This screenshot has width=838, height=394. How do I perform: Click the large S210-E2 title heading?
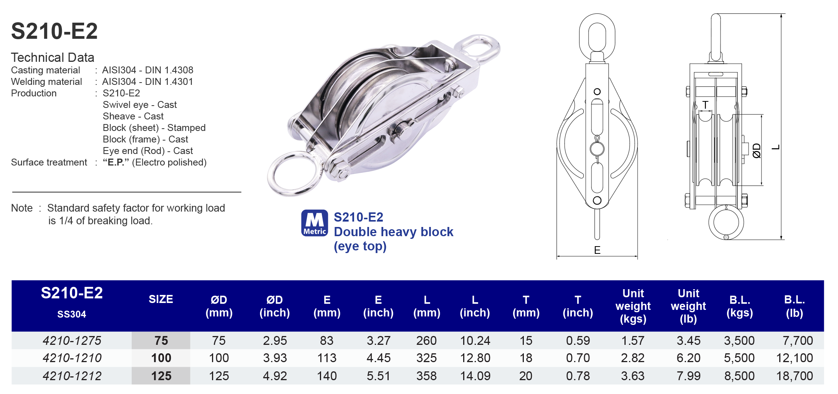point(54,31)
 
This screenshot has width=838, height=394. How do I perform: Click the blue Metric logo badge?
point(315,223)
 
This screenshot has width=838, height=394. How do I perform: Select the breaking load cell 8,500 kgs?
point(739,376)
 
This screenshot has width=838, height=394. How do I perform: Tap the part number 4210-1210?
point(72,358)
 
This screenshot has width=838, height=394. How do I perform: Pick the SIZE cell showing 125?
point(161,376)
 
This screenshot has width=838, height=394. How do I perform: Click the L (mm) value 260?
point(426,340)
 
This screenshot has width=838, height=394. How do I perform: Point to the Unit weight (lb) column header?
point(688,306)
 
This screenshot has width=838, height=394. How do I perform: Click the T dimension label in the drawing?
point(705,105)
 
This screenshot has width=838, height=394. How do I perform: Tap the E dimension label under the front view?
point(597,250)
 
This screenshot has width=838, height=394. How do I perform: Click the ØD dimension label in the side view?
point(756,151)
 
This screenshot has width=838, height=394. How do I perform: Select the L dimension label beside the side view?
point(776,147)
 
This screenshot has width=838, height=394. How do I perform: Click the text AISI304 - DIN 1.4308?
point(147,70)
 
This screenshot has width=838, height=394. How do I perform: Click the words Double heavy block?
point(393,232)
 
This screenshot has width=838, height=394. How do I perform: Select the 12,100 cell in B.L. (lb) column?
point(794,358)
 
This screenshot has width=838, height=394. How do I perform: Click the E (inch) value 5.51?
point(378,376)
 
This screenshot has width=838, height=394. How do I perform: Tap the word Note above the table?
point(22,208)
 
